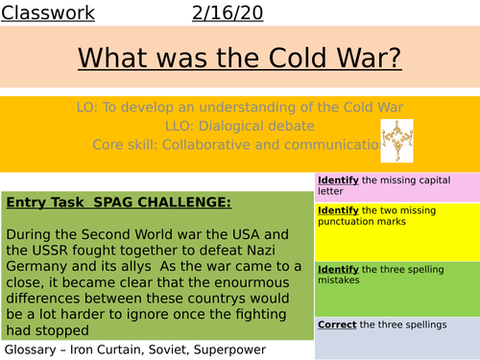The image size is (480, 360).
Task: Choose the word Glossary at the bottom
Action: click(34, 348)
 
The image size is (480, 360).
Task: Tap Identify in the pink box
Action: click(339, 180)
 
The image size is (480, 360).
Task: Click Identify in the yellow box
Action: click(339, 209)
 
